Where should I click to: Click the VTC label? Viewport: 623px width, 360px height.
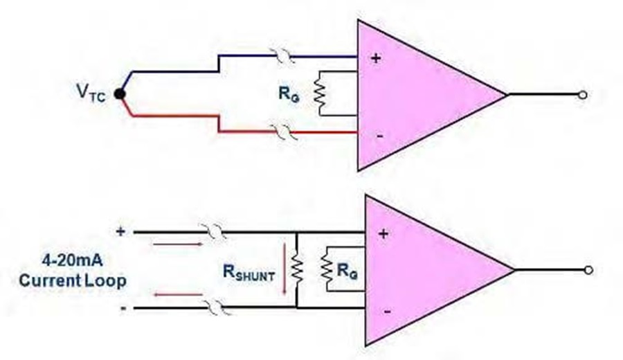[91, 93]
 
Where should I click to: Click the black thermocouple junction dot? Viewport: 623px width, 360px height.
[120, 94]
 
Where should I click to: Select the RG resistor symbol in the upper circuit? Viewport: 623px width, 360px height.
[320, 93]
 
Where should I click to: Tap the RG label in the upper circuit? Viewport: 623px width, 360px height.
[289, 94]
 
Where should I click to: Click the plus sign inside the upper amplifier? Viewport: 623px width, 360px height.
[375, 58]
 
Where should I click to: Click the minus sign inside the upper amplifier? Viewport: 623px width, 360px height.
[380, 136]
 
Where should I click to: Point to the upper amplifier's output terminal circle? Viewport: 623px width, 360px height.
[582, 95]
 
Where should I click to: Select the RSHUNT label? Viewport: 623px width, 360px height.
[249, 272]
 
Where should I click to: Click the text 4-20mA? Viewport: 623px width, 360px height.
[72, 260]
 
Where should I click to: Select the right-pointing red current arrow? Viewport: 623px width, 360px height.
[178, 244]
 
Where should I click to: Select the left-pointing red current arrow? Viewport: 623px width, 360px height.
[179, 294]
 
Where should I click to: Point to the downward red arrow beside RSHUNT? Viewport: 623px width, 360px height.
[285, 269]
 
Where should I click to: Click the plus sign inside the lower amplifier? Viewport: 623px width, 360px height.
[383, 234]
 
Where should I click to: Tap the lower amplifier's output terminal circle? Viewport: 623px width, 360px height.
[588, 270]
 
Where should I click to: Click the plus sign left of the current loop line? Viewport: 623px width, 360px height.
[120, 231]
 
